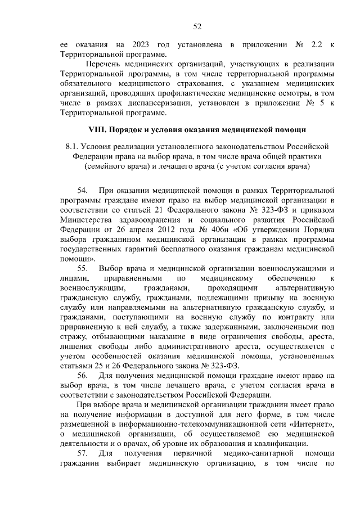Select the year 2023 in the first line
pos(143,44)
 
